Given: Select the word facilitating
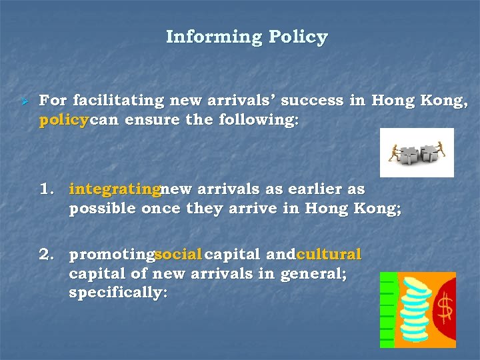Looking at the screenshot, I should click(118, 101).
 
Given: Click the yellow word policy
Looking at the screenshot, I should click(63, 122).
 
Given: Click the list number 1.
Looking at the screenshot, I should click(47, 189).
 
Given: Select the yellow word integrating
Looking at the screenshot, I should click(114, 189).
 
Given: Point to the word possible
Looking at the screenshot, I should click(103, 208).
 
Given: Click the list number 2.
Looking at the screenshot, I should click(47, 255).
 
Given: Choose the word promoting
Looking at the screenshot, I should click(111, 255).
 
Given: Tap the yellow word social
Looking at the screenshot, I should click(178, 255).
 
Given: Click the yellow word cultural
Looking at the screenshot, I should click(329, 255).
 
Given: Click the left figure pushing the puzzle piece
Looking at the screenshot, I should click(395, 153).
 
